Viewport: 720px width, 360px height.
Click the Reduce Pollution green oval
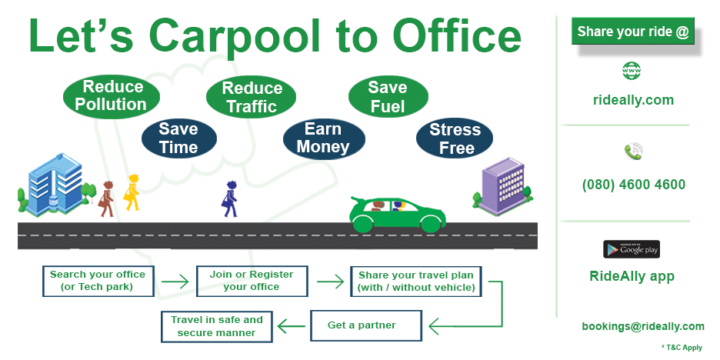111,96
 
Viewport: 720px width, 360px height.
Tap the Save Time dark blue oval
178,138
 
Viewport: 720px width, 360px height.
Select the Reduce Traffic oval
251,96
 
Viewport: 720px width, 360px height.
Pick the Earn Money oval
324,138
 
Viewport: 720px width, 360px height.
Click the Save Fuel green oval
388,96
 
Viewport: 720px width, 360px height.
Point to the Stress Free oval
455,138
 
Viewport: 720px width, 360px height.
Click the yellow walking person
132,193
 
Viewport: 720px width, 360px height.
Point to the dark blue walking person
229,198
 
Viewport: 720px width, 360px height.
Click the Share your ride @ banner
633,32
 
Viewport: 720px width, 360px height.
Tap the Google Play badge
632,249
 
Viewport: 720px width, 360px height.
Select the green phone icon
633,151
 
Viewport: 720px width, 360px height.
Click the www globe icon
632,71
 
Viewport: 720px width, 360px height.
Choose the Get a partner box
366,325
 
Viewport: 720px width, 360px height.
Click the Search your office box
98,281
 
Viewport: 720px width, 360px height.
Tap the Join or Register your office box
252,281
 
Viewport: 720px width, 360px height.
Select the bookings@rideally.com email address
643,326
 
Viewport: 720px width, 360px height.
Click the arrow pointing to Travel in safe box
291,326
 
